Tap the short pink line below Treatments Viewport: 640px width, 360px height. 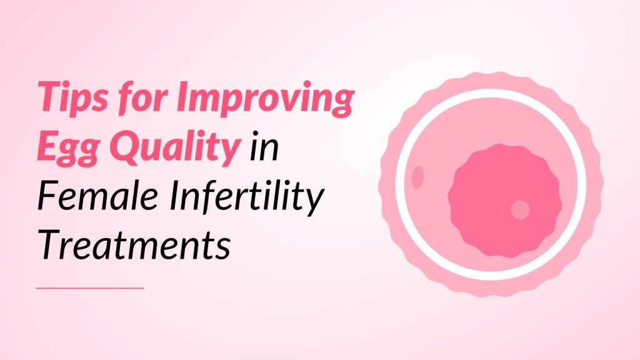click(91, 288)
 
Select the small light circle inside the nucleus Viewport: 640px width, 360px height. click(520, 209)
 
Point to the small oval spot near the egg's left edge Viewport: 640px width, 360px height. click(418, 177)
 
